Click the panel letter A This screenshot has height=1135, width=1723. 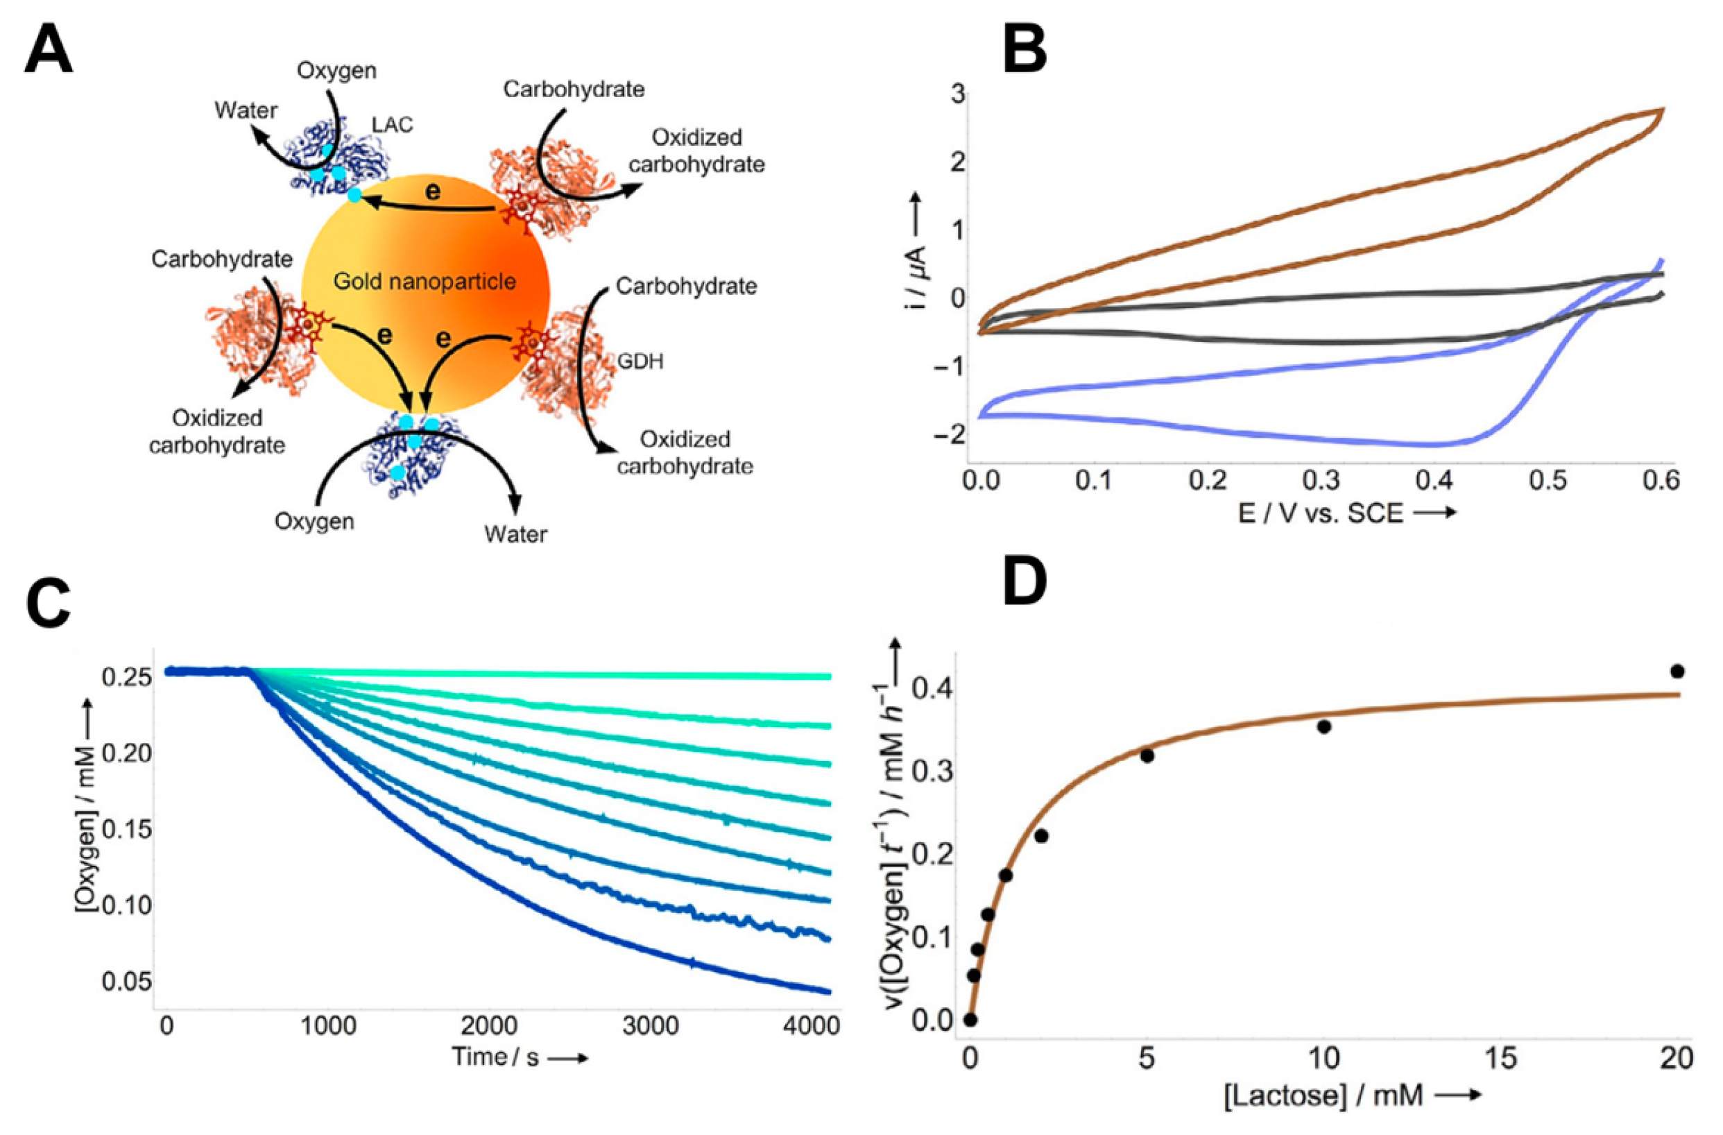pyautogui.click(x=49, y=51)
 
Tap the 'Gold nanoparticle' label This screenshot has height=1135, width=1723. pyautogui.click(x=425, y=282)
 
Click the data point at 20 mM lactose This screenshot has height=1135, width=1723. pyautogui.click(x=1677, y=671)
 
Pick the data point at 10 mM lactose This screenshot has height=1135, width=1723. pyautogui.click(x=1324, y=727)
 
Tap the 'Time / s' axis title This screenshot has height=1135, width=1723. pyautogui.click(x=497, y=1057)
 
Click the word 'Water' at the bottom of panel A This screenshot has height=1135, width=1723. pyautogui.click(x=515, y=534)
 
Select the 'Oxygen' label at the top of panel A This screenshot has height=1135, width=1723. pyautogui.click(x=336, y=70)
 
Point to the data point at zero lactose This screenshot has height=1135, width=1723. pyautogui.click(x=970, y=1020)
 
